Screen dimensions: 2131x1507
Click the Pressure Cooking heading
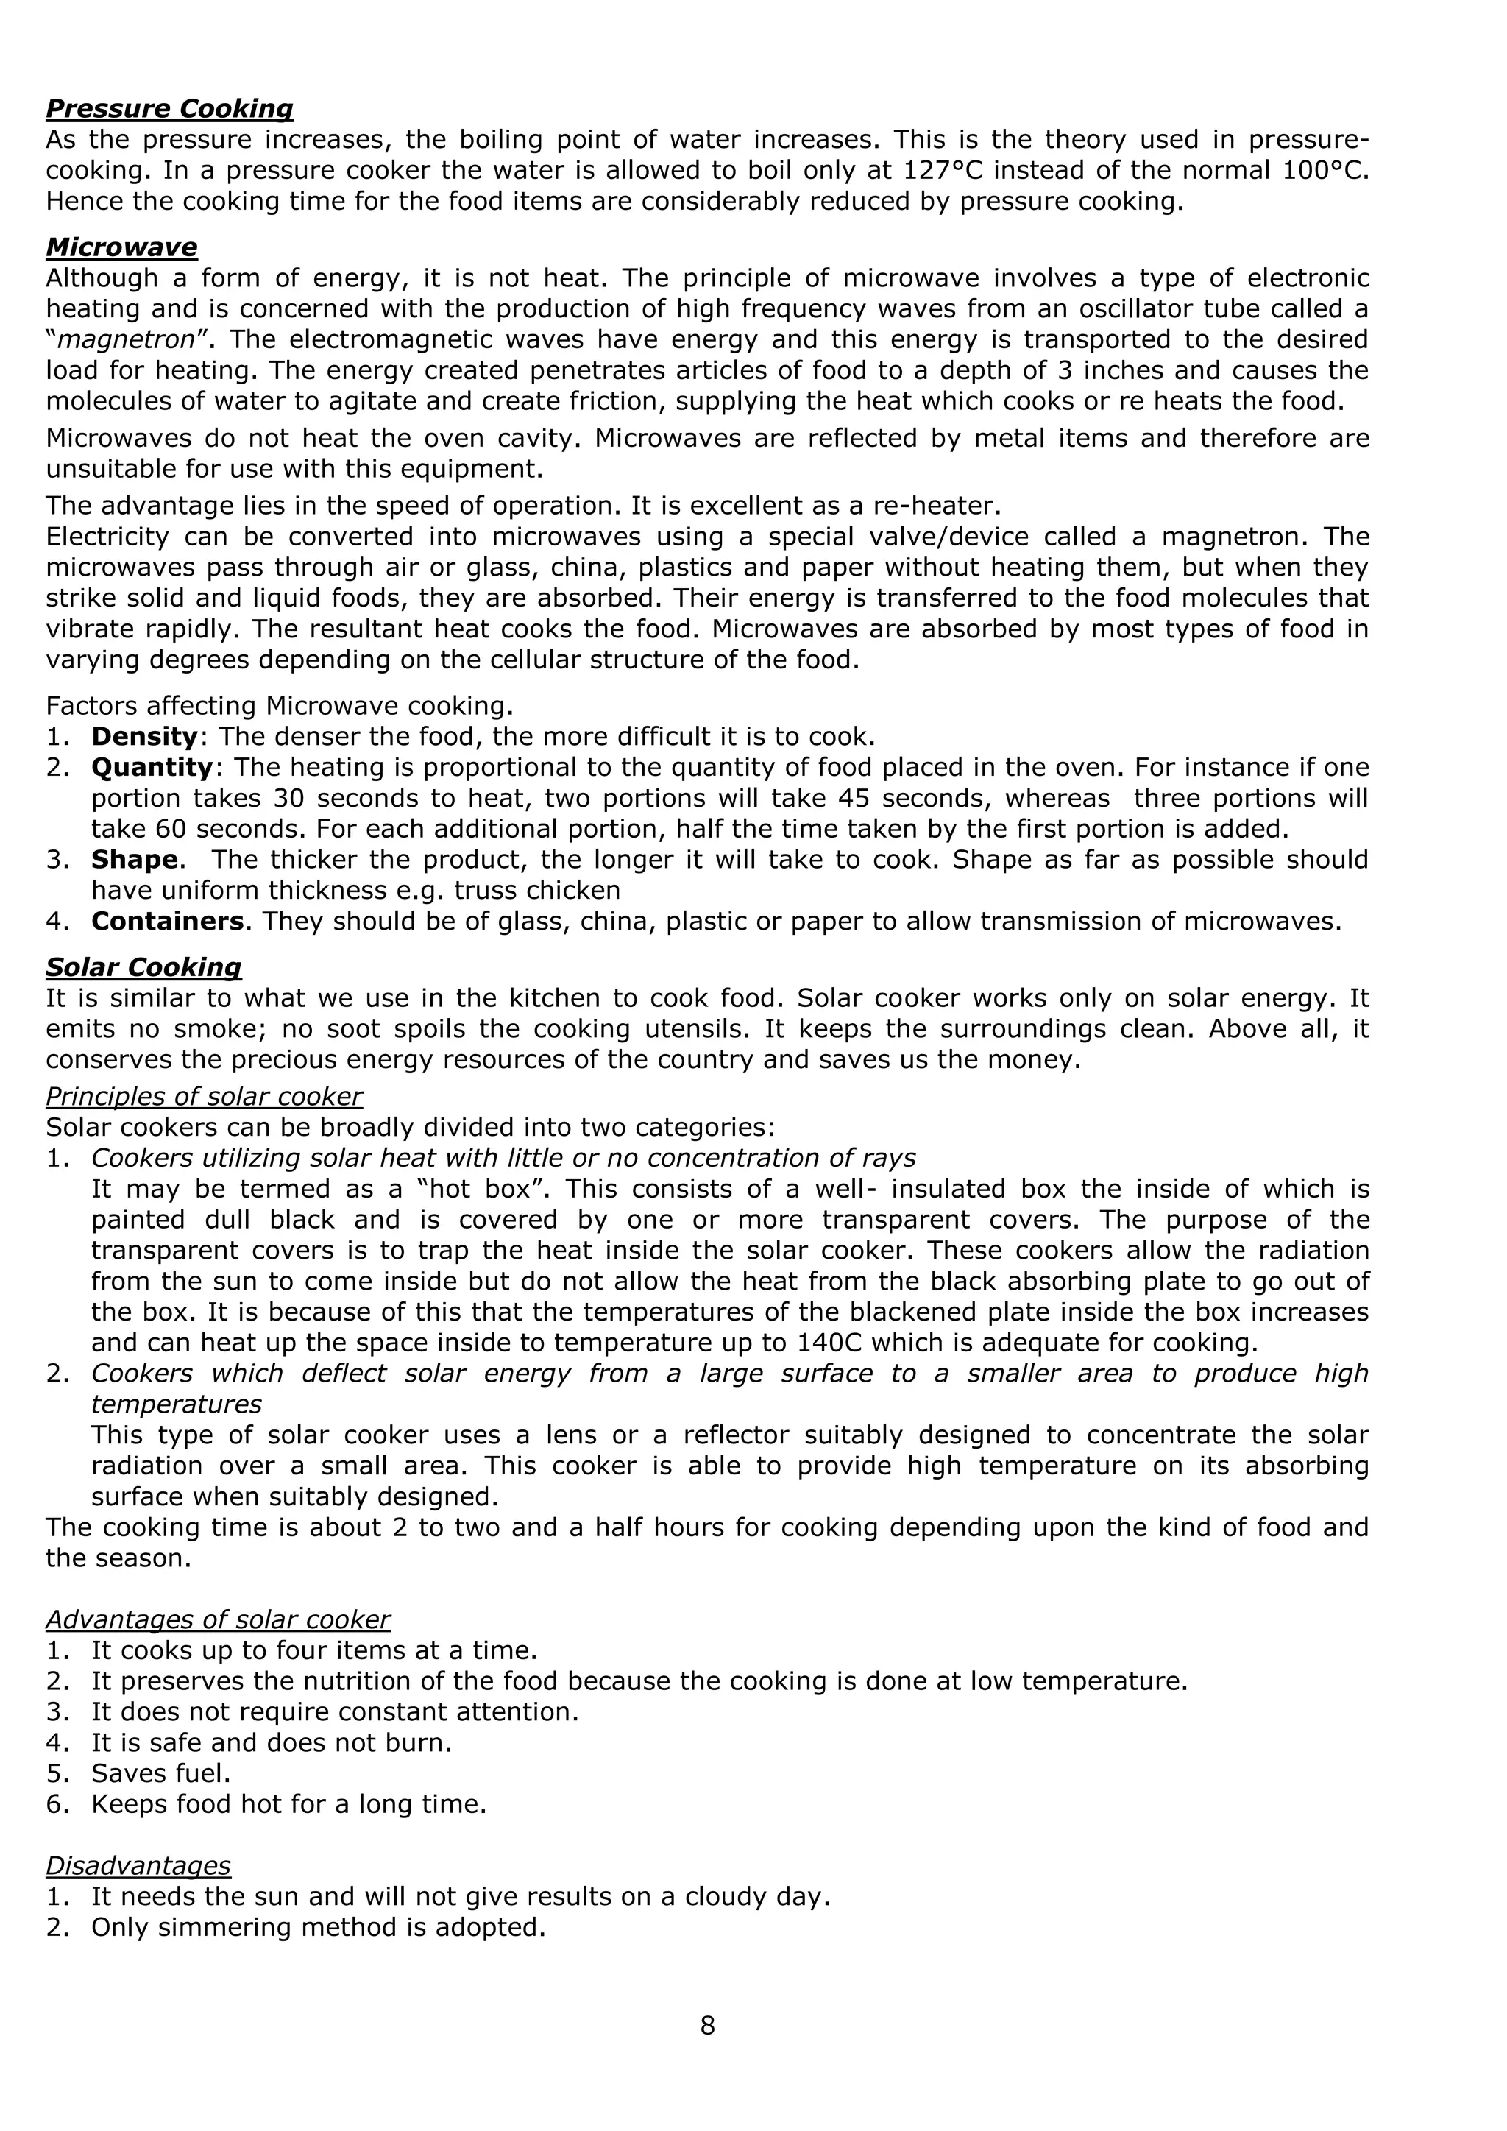(x=170, y=110)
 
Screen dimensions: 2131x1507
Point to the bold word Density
(x=143, y=737)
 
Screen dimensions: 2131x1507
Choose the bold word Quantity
(x=152, y=768)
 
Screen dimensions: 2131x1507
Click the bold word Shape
(x=134, y=860)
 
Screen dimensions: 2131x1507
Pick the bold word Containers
(x=167, y=922)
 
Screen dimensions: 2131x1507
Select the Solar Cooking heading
(x=143, y=967)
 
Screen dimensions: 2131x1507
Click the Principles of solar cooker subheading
(x=204, y=1097)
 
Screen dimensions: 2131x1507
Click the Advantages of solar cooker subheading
(x=218, y=1619)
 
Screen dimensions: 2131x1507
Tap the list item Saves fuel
(x=160, y=1774)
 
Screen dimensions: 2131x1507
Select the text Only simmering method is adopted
(x=317, y=1927)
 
